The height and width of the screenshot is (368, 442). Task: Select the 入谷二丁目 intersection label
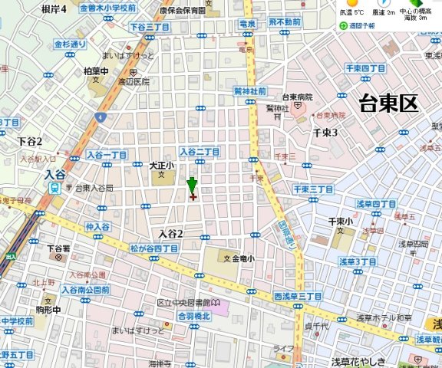click(200, 152)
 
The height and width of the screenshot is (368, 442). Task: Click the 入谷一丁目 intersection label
click(107, 155)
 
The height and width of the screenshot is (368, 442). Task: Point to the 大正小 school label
click(162, 165)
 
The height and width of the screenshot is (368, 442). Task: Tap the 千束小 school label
click(340, 222)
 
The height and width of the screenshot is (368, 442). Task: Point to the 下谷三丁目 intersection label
click(149, 28)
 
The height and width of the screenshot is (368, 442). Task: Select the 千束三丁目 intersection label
click(312, 189)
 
